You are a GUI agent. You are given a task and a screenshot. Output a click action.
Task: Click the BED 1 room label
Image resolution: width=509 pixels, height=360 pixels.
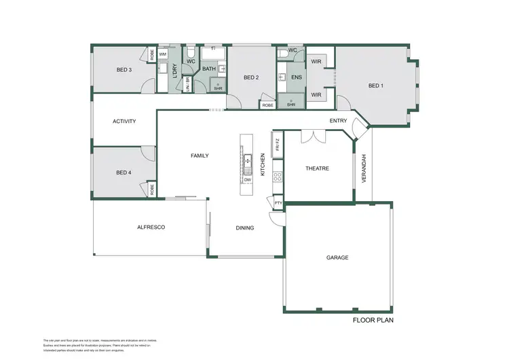point(375,86)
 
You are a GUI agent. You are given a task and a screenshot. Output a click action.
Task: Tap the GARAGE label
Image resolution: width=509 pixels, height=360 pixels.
point(337,257)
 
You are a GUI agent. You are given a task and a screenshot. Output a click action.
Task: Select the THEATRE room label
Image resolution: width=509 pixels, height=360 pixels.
point(317,168)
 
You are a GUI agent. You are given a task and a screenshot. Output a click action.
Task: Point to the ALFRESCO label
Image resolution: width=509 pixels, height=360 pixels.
point(151,228)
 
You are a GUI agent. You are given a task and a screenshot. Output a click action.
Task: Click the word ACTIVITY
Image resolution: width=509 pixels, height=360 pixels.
point(124,122)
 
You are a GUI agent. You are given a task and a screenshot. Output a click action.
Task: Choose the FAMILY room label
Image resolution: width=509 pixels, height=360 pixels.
point(200,156)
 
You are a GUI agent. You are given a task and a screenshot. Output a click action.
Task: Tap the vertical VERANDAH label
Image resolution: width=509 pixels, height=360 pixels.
point(364,168)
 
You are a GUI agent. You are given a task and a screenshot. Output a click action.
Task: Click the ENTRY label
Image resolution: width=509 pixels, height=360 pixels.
point(338,121)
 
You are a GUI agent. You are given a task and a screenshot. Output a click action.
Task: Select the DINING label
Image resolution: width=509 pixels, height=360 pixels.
point(245,228)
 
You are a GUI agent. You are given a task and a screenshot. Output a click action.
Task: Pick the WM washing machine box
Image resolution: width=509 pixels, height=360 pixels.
point(163,54)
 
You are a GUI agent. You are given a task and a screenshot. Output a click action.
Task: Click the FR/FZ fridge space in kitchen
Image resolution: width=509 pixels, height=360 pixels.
point(277,144)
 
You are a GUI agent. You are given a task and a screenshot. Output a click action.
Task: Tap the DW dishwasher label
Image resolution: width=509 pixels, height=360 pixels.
point(248,179)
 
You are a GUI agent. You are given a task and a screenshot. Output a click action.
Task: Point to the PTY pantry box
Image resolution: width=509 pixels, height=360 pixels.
point(278,202)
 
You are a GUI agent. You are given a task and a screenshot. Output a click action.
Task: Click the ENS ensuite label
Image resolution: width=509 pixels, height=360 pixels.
point(296,78)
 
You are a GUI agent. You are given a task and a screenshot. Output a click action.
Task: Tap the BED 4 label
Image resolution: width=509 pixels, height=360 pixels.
point(124,173)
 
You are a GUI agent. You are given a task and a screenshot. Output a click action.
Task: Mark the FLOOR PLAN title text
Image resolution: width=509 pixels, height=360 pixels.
point(373,320)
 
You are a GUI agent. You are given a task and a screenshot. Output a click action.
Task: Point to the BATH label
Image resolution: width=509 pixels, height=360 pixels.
point(208,68)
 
